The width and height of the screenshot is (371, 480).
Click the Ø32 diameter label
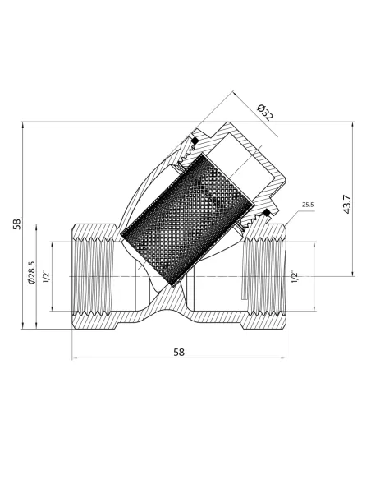point(264,112)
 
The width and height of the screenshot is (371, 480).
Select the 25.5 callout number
point(309,204)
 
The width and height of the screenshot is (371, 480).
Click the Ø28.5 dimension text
point(31,274)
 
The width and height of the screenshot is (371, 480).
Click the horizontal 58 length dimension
point(180,352)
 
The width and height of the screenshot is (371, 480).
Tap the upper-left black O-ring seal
point(194,142)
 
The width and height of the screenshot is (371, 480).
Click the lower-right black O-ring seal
point(266,215)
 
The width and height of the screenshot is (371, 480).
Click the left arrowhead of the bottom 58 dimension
point(75,359)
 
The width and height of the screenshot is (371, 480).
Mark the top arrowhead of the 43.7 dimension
point(354,127)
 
